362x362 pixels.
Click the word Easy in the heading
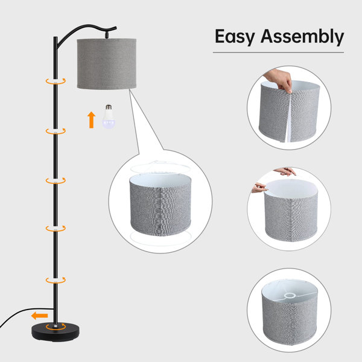click(x=235, y=37)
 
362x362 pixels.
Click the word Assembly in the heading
click(x=302, y=36)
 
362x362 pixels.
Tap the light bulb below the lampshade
click(x=109, y=116)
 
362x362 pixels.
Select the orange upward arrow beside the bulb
click(x=92, y=120)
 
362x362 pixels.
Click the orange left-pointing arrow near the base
click(x=39, y=316)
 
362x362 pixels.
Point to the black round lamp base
click(x=56, y=331)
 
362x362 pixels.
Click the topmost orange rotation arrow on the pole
click(x=56, y=81)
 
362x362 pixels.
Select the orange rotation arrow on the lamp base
click(x=56, y=326)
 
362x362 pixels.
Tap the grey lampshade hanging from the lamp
click(x=106, y=64)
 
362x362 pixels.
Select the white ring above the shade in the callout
click(x=160, y=167)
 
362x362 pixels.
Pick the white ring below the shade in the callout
click(x=160, y=239)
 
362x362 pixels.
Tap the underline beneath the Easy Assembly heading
click(x=278, y=52)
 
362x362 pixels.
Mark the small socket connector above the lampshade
click(x=106, y=34)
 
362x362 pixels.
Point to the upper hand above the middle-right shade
click(x=285, y=171)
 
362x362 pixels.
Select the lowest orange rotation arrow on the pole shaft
click(x=56, y=280)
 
